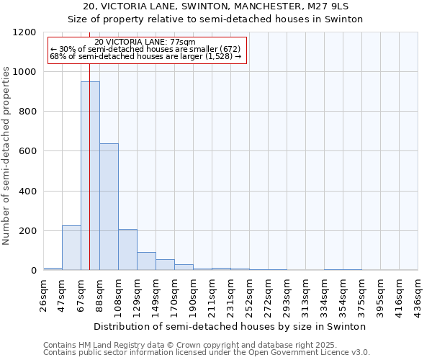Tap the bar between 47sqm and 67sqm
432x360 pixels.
pos(71,248)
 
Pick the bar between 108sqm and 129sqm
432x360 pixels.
pos(127,249)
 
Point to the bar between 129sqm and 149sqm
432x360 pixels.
pos(146,261)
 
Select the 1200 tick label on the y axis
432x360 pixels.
pos(25,32)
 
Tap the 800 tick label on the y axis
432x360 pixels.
pos(28,112)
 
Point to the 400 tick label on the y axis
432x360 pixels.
pos(28,192)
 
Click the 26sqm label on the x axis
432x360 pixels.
pos(44,294)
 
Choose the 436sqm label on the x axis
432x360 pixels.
pos(418,294)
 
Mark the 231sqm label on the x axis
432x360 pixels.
pos(231,294)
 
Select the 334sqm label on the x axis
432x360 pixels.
pos(325,294)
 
